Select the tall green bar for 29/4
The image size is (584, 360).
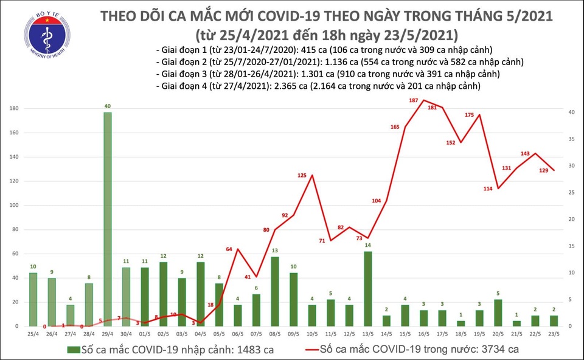(107, 219)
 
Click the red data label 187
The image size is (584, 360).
(414, 100)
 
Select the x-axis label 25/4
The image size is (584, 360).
(33, 334)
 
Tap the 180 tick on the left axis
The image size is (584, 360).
(13, 108)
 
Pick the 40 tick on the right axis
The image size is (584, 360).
(572, 112)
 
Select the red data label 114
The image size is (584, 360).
(488, 189)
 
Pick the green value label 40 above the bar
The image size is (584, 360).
(107, 106)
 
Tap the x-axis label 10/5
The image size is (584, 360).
(311, 334)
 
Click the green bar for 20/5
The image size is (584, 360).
(498, 313)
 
